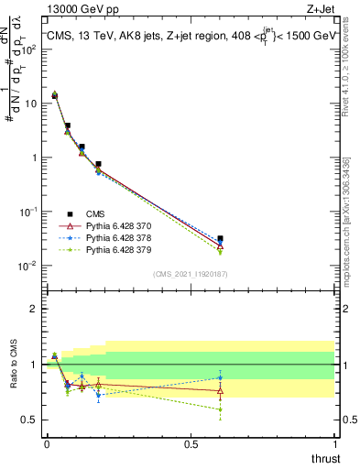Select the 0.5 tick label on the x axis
coord(191,443)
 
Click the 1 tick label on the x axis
coord(335,443)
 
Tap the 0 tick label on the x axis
coord(47,443)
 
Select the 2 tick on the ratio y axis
coord(33,309)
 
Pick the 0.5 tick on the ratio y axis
coord(29,420)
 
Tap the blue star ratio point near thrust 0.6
coord(220,377)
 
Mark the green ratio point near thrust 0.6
coord(220,409)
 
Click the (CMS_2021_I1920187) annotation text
coord(190,274)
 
